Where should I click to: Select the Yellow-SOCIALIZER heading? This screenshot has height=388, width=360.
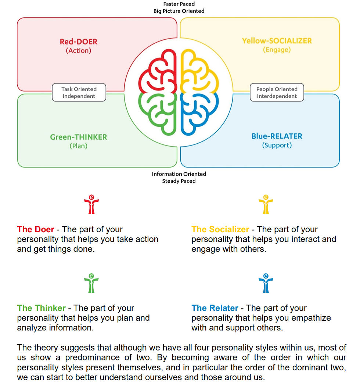coord(277,41)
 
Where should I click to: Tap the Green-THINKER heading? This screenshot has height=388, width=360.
coord(79,137)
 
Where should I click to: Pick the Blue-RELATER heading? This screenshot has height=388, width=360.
coord(277,136)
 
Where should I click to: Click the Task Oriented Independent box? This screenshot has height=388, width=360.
coord(79,93)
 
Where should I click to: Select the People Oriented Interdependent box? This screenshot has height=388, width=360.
coord(277,93)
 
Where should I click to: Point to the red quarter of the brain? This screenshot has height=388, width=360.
coord(159,72)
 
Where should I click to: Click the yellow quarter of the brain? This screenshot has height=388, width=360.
coord(199,72)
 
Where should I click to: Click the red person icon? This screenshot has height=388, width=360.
coord(91,205)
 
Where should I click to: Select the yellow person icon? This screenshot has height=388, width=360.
coord(266,205)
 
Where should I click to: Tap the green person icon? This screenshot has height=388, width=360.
coord(91,283)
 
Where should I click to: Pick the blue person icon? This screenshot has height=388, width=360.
coord(266,283)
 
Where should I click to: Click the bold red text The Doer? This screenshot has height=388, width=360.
coord(36,229)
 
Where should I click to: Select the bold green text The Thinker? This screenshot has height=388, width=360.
coord(41,308)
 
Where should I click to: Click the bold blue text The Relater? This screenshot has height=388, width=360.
coord(215,308)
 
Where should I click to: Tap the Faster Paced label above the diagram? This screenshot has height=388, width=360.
coord(179,4)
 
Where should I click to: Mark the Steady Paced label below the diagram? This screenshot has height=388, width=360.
coord(179,181)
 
